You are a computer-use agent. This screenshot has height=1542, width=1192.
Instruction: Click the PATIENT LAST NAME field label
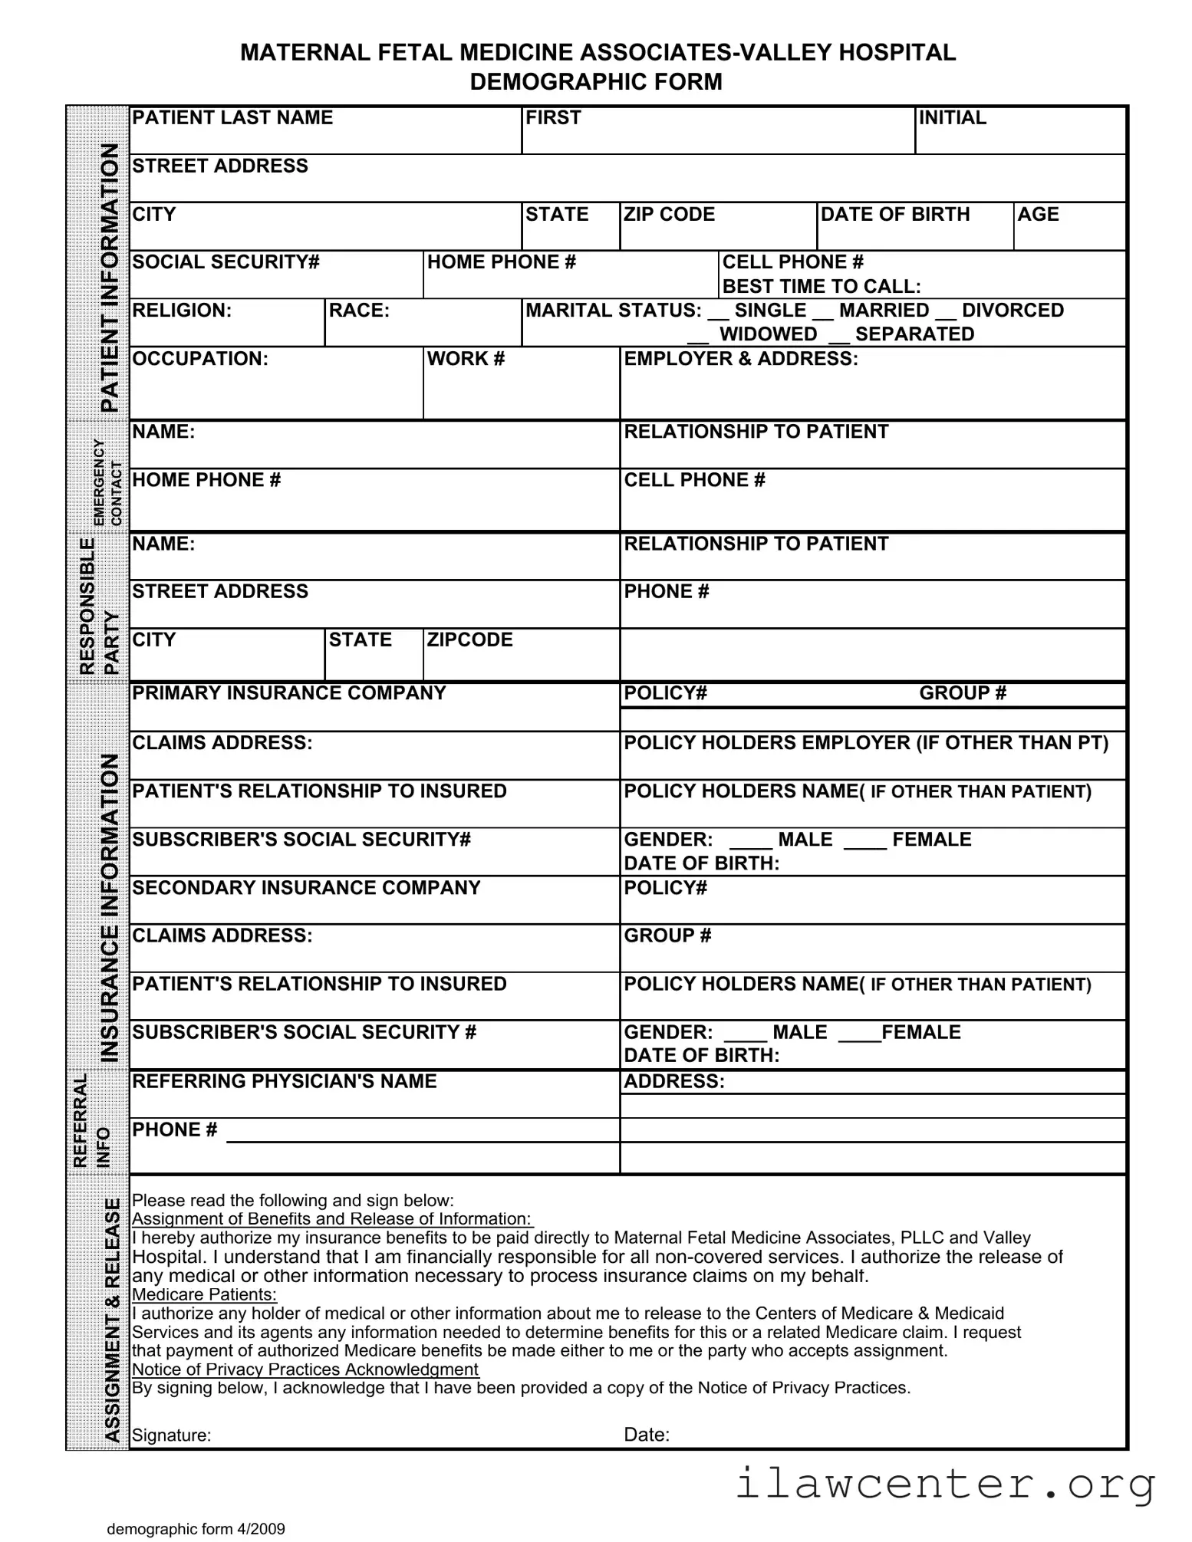tap(232, 117)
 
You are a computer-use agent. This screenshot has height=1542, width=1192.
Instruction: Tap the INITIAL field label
tap(952, 117)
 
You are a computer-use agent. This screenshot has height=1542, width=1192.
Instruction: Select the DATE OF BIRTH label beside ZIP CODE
tap(894, 214)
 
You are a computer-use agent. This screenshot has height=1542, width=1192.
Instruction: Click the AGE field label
tap(1037, 214)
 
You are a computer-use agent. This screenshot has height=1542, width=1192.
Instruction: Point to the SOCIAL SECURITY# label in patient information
tap(226, 262)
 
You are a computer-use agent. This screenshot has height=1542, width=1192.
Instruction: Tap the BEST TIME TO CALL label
tap(821, 287)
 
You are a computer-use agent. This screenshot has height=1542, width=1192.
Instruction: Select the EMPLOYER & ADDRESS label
tap(740, 359)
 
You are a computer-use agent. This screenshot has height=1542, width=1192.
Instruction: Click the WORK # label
tap(466, 359)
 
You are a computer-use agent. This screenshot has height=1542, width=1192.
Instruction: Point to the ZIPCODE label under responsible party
tap(469, 639)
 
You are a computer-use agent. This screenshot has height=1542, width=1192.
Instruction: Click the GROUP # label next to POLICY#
tap(962, 693)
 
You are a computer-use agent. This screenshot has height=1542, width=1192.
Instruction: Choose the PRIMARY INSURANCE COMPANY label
tap(288, 693)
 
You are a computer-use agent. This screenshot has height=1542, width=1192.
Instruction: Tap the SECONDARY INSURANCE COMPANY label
tap(306, 888)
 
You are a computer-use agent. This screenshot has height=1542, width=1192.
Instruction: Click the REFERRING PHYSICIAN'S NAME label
tap(284, 1081)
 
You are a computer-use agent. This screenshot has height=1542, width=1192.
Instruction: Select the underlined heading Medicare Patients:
tap(204, 1294)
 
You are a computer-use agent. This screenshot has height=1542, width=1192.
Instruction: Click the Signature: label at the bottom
tap(171, 1435)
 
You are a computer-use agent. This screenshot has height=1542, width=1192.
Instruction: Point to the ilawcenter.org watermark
tap(945, 1483)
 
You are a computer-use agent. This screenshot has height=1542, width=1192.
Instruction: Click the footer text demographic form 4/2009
tap(196, 1529)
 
